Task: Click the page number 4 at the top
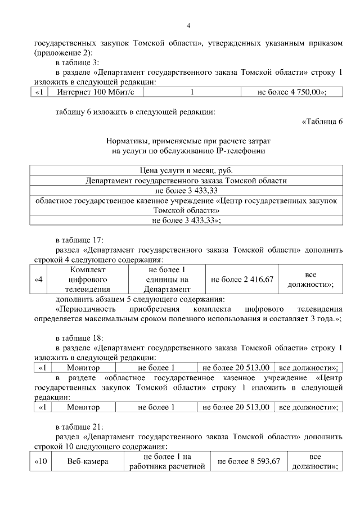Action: tap(188, 25)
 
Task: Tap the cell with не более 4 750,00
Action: tap(292, 92)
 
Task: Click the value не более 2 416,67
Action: tap(242, 280)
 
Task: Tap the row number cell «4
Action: tap(38, 280)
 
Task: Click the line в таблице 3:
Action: tap(78, 62)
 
